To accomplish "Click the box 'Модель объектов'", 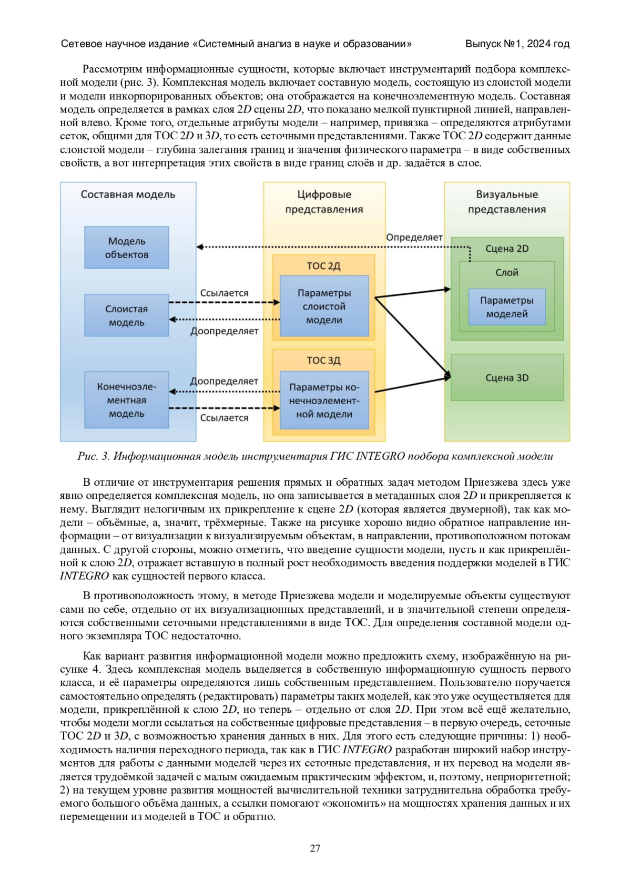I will pos(127,248).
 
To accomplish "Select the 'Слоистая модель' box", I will pos(127,315).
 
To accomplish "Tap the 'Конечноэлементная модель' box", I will pos(127,400).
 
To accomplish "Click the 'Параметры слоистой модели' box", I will pos(324,306).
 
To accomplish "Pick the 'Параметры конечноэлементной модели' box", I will pos(324,401).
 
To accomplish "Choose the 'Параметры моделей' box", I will pos(506,307).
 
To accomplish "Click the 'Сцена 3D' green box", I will pos(507,377).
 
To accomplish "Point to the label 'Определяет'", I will pos(414,238).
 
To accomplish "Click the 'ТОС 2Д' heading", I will pos(324,266).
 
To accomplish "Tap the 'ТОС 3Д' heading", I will pos(324,361).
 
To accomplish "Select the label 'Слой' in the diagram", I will pos(507,272).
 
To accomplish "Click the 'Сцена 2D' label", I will pos(507,249).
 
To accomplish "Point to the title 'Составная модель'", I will pos(128,194).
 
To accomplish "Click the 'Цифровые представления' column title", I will pos(324,202).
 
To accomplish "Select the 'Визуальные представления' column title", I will pos(507,202).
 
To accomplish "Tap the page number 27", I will pos(315,848).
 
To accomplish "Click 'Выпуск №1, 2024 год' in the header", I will pos(517,44).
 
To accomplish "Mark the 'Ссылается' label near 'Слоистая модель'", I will pos(224,293).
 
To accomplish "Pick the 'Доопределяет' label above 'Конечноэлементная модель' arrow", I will pos(224,381).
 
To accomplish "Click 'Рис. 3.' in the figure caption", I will pos(93,456).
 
